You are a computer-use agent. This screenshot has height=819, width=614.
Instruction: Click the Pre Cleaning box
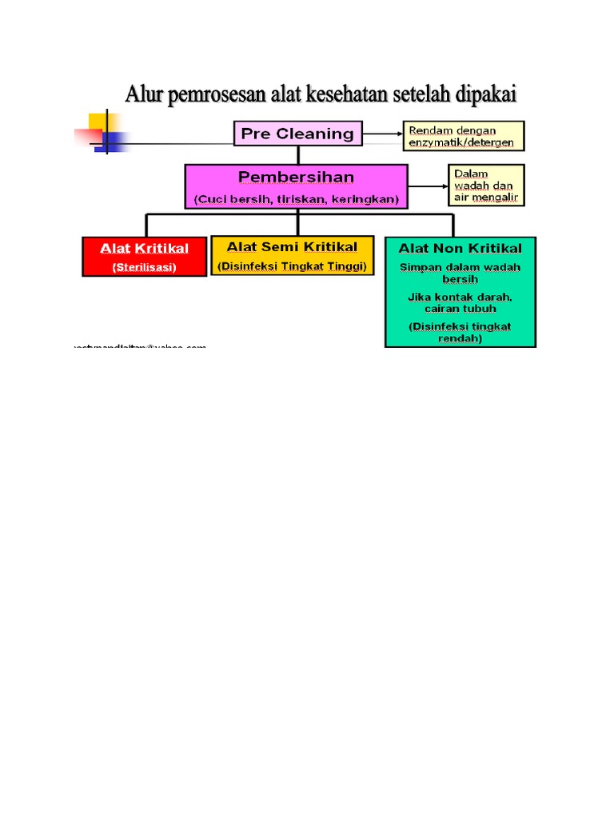298,134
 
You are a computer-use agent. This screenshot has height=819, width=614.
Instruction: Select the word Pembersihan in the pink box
296,176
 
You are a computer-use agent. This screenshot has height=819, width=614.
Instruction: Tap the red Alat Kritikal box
144,257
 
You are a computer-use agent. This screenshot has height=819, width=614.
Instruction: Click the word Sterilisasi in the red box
144,267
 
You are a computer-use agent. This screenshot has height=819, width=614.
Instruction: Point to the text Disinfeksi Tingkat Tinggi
292,266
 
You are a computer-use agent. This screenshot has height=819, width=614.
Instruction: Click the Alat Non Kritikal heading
460,249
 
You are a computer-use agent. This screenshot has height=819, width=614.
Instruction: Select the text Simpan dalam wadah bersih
460,273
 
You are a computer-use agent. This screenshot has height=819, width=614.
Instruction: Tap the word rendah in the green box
460,338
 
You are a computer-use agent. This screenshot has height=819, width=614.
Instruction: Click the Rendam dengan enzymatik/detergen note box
464,136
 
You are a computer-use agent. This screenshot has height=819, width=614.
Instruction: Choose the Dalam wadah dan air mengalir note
486,186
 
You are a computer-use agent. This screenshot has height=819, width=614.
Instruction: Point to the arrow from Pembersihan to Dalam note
428,186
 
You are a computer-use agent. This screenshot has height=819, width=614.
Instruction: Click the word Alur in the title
144,95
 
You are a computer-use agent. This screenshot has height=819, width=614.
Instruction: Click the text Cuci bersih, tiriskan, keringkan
296,199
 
